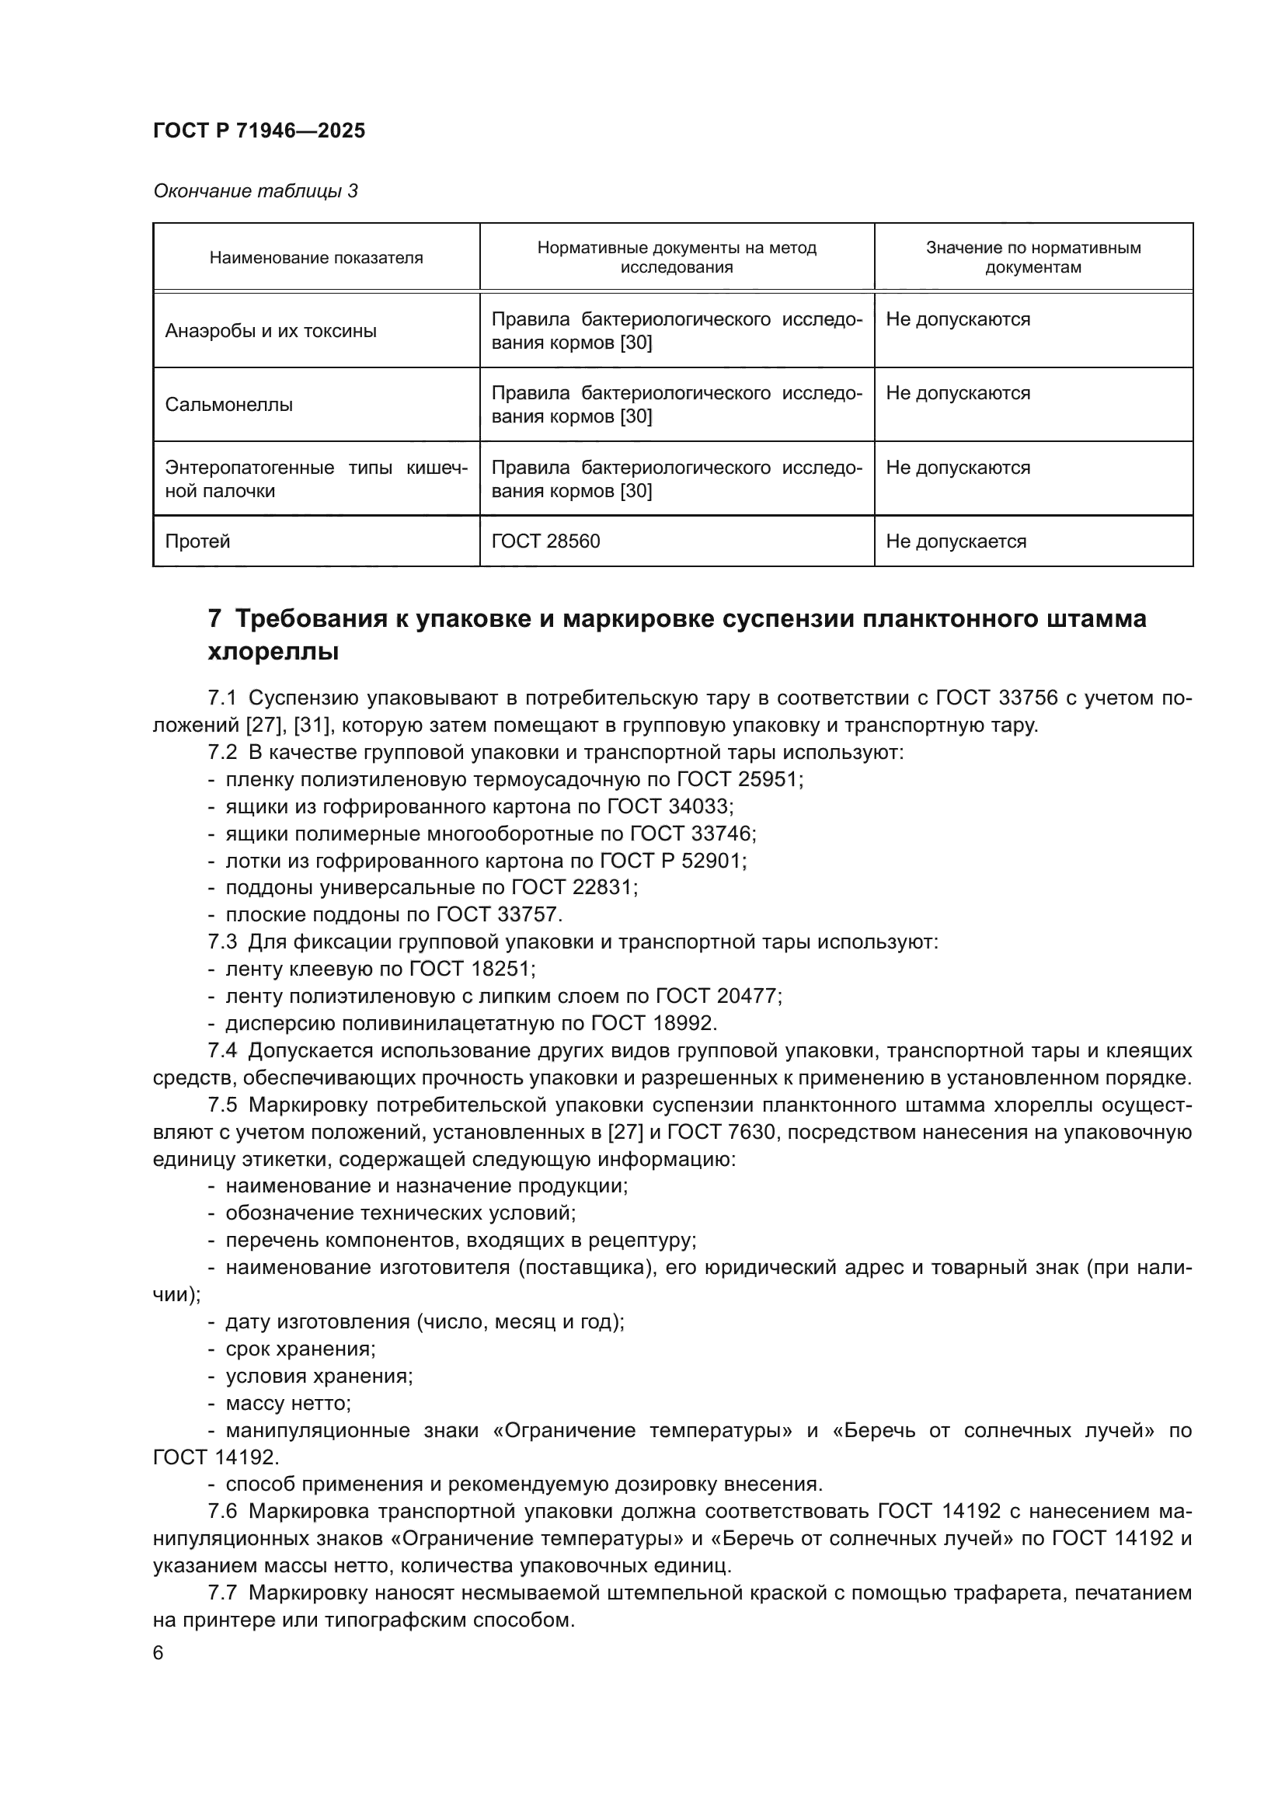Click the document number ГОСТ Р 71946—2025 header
[259, 131]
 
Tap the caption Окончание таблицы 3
[255, 191]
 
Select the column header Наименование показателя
[315, 257]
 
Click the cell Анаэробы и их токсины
[270, 331]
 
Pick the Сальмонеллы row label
[228, 405]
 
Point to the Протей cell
[197, 541]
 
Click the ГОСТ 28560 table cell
[545, 541]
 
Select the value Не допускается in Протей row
[956, 541]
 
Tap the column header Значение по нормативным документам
[1033, 257]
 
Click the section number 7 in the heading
[214, 618]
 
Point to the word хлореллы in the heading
[273, 652]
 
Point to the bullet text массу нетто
[287, 1403]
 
